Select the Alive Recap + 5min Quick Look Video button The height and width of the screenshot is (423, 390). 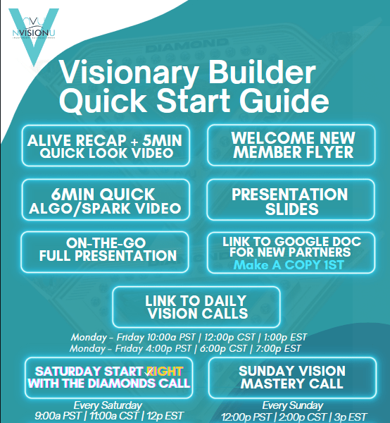pos(104,146)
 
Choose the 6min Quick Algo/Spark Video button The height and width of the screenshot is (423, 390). pos(104,200)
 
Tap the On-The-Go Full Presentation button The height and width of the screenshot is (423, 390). pos(104,249)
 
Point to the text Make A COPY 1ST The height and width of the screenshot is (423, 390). pos(291,266)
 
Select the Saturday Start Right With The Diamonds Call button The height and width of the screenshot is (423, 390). pos(108,377)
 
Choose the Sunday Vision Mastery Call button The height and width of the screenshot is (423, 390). pos(291,377)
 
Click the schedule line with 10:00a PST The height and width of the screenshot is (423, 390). pos(188,337)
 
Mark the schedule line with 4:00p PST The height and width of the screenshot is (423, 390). pos(186,348)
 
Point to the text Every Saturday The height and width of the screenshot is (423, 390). pos(108,405)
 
